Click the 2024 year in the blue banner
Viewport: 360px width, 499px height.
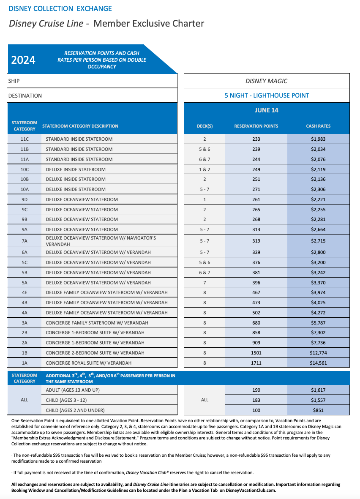[x=23, y=60]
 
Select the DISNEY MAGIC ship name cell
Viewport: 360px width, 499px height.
[x=267, y=81]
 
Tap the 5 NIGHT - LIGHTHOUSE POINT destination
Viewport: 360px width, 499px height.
[x=267, y=95]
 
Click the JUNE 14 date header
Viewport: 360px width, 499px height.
[x=267, y=110]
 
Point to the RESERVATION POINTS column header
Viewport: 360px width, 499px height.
[x=256, y=126]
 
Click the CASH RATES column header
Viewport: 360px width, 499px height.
[x=318, y=126]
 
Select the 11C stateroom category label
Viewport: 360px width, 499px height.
[x=25, y=139]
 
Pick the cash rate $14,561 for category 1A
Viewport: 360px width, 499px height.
[x=318, y=363]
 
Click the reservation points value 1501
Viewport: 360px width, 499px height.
[x=256, y=353]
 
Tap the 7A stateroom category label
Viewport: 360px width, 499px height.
[x=25, y=241]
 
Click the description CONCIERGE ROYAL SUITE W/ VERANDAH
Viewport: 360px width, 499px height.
[x=88, y=363]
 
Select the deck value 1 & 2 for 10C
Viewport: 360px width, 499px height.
[x=205, y=169]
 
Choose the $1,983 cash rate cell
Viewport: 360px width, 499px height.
[x=318, y=139]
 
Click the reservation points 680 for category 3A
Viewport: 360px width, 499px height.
[x=256, y=323]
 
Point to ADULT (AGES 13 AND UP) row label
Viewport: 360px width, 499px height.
[x=73, y=390]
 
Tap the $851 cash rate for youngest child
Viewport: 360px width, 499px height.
[x=318, y=410]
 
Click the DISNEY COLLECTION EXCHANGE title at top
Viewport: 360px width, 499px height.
[x=60, y=8]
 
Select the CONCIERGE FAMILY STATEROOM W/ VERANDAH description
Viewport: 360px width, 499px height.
[x=97, y=323]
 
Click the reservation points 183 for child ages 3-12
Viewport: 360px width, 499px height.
[x=256, y=400]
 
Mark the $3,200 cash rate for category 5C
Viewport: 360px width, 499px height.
[x=318, y=262]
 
